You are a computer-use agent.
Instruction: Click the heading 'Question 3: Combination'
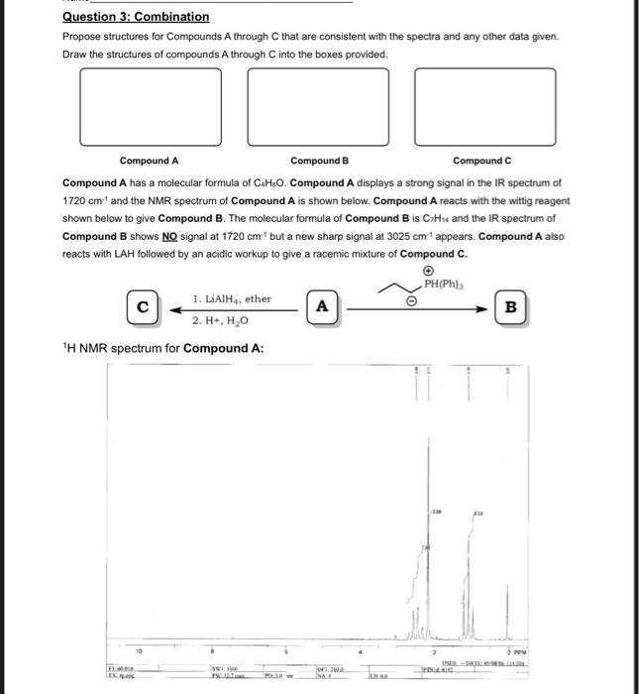tap(136, 17)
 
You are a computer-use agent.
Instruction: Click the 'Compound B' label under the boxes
tap(319, 161)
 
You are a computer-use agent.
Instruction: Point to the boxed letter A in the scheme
tap(321, 307)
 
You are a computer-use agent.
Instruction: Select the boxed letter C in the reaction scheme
tap(142, 307)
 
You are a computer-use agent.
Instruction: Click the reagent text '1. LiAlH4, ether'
tap(232, 298)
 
